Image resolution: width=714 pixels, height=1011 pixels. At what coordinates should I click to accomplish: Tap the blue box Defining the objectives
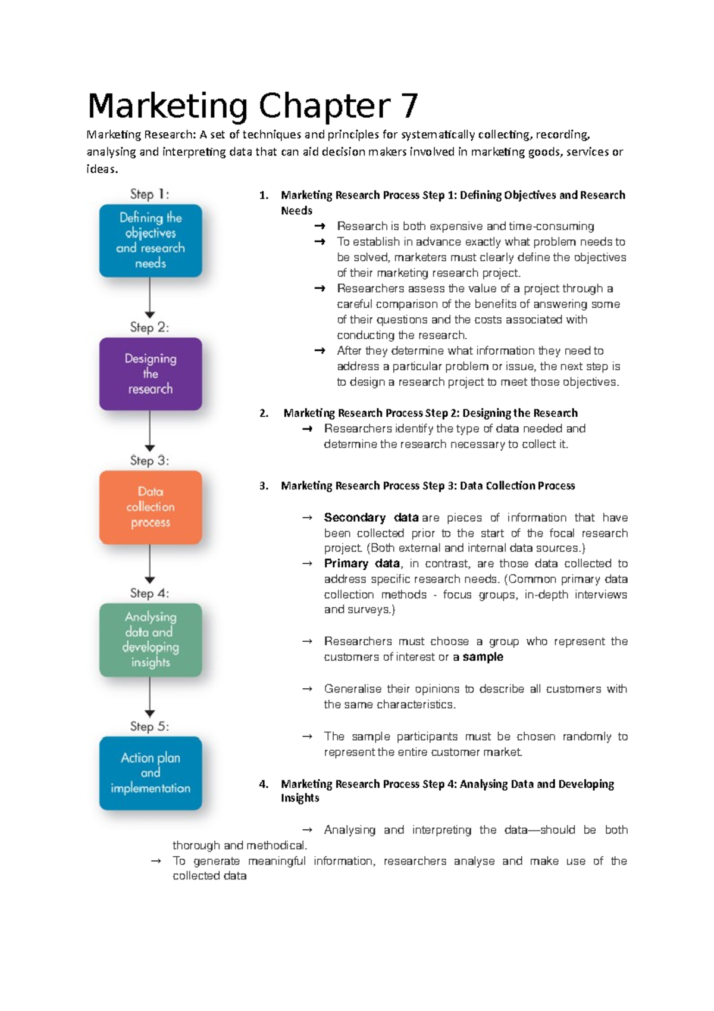pos(151,241)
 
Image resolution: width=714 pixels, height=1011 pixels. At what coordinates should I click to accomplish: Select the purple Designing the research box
pos(151,374)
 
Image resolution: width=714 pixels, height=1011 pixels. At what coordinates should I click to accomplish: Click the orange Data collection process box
pos(151,507)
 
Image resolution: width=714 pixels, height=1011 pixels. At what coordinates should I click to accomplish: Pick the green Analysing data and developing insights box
pos(151,640)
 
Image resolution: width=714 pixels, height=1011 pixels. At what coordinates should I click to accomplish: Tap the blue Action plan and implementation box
pos(151,773)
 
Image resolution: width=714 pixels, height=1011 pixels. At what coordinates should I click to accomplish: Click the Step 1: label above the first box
pos(150,194)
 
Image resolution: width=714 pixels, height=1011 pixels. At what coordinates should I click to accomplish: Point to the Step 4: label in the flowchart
pos(150,593)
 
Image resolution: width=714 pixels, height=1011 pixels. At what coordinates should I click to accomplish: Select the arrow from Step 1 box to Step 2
pos(150,298)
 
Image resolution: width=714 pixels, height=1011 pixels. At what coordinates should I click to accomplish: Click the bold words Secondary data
pos(371,517)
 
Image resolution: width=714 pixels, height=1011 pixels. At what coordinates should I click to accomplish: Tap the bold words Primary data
pos(362,563)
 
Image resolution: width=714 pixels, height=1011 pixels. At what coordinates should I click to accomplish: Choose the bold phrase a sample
pos(478,657)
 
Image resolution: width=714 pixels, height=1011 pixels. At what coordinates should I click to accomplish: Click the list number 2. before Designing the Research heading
pos(264,413)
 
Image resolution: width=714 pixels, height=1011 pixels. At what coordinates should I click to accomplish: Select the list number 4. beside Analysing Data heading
pos(264,784)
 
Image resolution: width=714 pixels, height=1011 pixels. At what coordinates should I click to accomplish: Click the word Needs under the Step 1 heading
pos(296,211)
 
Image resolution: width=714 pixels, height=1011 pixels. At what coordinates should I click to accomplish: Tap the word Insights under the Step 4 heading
pos(300,798)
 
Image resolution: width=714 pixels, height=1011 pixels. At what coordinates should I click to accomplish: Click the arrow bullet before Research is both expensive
pos(320,226)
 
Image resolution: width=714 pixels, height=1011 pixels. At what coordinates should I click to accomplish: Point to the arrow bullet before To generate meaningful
pos(156,861)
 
